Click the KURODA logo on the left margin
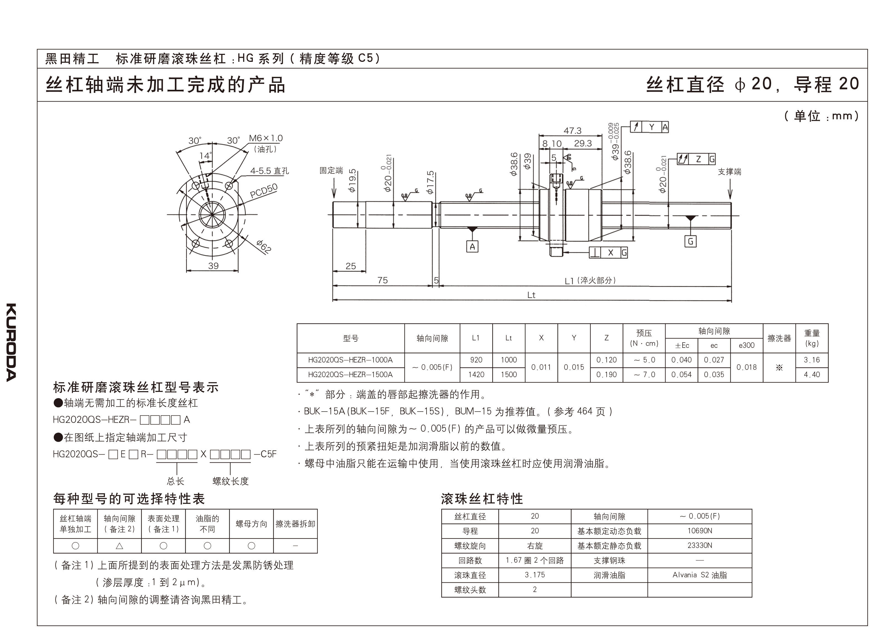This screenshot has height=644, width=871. click(12, 342)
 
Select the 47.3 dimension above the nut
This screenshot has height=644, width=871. click(572, 131)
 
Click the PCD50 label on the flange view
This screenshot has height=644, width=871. click(264, 191)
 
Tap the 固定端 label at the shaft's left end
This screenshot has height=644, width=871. click(331, 170)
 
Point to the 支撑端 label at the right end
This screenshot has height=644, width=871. click(729, 171)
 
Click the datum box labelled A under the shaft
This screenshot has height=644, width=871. click(472, 247)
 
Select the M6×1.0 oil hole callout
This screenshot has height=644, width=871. click(266, 138)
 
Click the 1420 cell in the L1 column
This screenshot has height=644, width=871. click(476, 375)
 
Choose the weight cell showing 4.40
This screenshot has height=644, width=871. click(811, 375)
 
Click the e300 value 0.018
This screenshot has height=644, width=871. click(746, 367)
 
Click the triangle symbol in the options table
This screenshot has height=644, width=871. click(119, 546)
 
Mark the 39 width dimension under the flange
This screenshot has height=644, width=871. click(213, 266)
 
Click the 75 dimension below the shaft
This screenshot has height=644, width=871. click(382, 280)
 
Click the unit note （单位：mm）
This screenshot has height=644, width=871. click(821, 116)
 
